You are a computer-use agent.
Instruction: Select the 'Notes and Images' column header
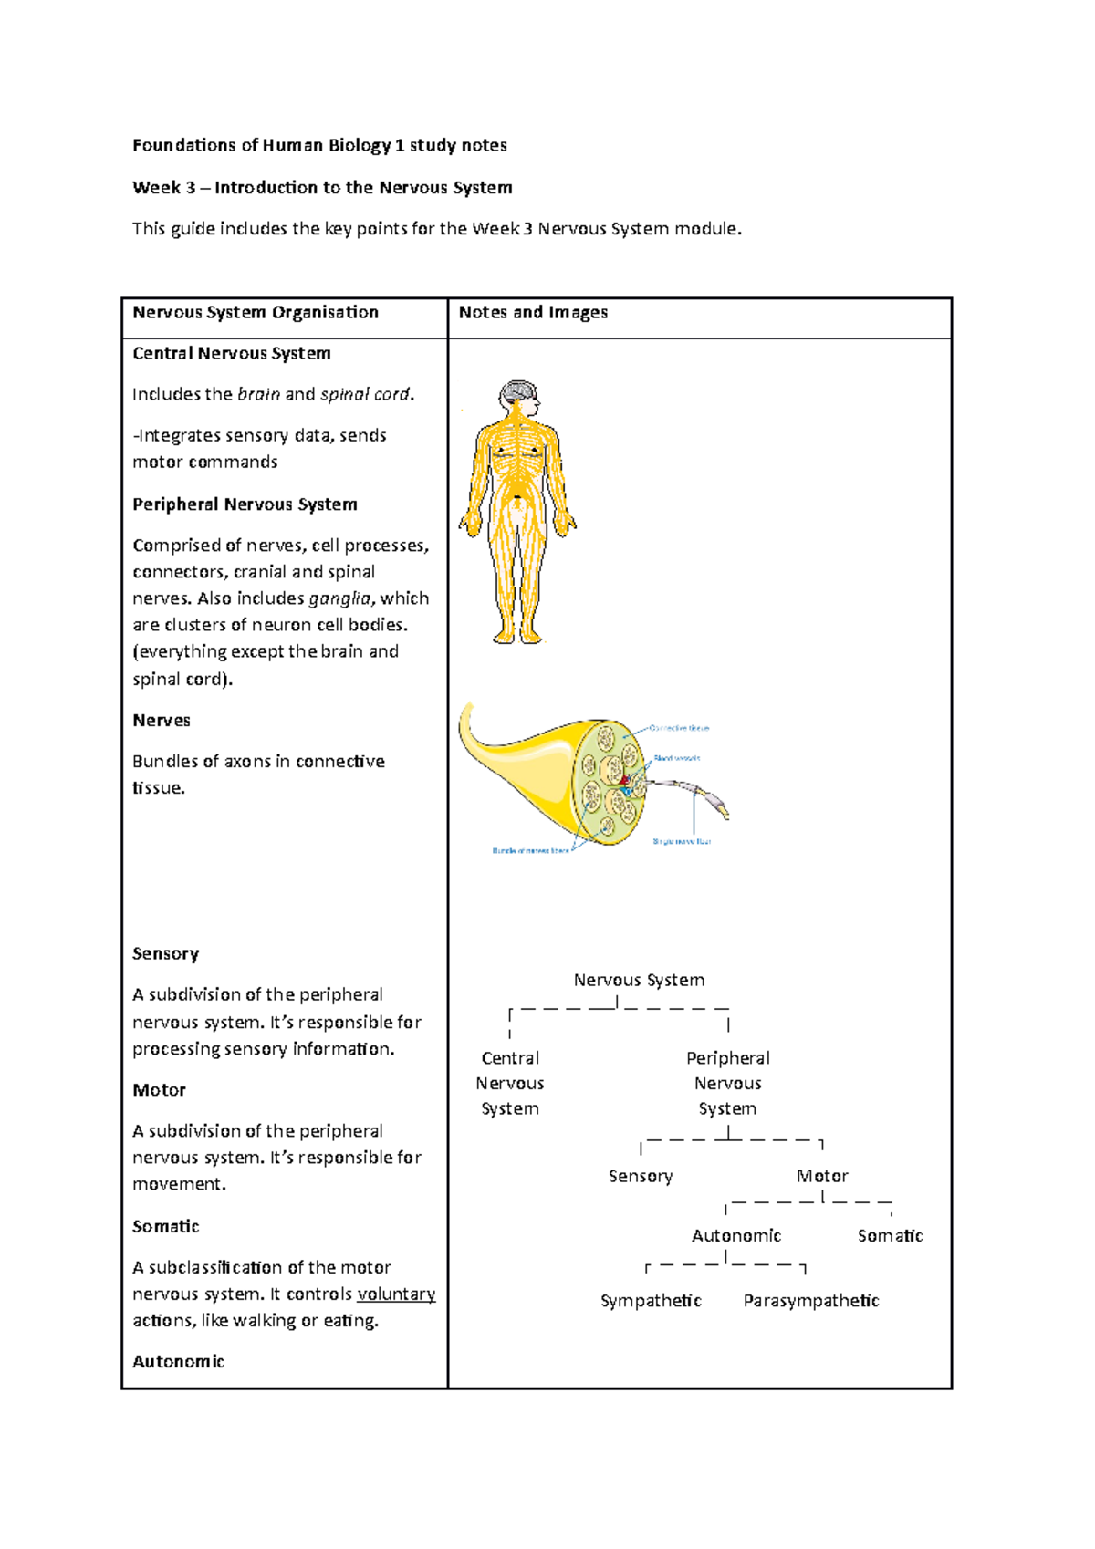click(x=533, y=313)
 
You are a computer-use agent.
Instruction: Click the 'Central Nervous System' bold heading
click(x=232, y=354)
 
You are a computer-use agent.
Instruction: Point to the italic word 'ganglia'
click(x=340, y=598)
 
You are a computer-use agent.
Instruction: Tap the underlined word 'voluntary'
click(x=396, y=1294)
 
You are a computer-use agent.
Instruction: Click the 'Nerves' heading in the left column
click(x=162, y=721)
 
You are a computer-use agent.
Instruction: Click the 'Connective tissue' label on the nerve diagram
click(x=679, y=728)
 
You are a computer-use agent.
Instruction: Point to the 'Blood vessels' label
click(x=676, y=758)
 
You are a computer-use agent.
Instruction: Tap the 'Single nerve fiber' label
click(x=682, y=841)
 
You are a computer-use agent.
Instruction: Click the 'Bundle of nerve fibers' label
click(x=530, y=850)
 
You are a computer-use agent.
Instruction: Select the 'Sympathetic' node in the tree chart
click(x=651, y=1301)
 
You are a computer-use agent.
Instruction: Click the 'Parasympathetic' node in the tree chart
click(x=811, y=1301)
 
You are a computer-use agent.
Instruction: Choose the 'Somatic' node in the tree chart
click(x=890, y=1236)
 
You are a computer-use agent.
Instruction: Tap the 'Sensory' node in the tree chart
click(x=641, y=1177)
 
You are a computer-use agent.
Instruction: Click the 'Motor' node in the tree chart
click(x=822, y=1177)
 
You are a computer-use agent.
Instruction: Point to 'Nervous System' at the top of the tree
click(x=639, y=981)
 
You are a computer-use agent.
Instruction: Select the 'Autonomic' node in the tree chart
click(x=736, y=1236)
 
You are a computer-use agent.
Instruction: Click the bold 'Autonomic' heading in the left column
click(x=179, y=1362)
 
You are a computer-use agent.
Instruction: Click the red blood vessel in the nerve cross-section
click(x=625, y=780)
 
